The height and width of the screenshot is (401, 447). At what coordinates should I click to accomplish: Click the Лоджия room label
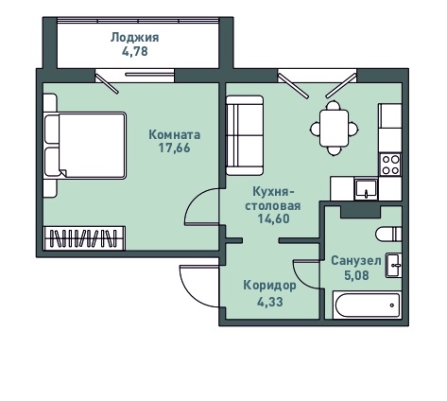tap(134, 38)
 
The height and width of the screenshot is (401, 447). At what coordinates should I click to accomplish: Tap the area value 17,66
tap(174, 148)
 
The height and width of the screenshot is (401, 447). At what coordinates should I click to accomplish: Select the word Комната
tap(174, 135)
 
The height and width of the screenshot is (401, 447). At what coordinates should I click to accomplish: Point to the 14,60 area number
tap(273, 218)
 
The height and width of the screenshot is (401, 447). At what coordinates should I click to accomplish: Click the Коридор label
tap(269, 286)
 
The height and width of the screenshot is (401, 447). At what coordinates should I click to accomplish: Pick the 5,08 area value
tap(356, 275)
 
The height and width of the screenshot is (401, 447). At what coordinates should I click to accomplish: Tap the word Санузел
tap(356, 261)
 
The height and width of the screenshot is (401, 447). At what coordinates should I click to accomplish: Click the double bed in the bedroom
tap(85, 146)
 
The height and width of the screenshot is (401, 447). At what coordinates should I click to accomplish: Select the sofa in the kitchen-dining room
tap(245, 135)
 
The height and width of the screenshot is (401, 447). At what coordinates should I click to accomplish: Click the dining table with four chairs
tap(334, 128)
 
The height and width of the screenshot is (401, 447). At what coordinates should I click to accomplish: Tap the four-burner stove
tap(390, 165)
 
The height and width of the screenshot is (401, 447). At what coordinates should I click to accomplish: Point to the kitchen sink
tap(366, 189)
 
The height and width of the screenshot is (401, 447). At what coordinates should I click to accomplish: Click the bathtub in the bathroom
tap(367, 305)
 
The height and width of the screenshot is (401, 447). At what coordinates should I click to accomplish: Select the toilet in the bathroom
tap(388, 235)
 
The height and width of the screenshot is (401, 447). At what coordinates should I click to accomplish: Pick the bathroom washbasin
tap(393, 265)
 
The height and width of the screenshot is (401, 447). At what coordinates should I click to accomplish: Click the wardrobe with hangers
tap(84, 238)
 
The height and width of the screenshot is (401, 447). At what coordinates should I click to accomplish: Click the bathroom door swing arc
tap(300, 279)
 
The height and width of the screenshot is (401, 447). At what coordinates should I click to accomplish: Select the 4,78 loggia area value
tap(135, 51)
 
